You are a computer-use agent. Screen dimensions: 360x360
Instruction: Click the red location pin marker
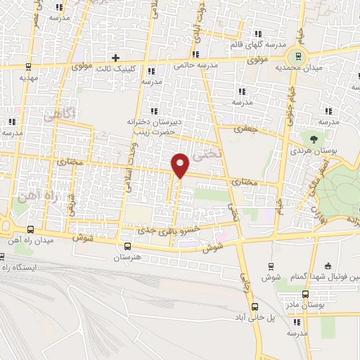click(181, 165)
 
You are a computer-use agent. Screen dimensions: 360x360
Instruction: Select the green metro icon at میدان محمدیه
click(299, 56)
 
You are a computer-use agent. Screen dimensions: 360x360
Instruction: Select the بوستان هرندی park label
click(312, 151)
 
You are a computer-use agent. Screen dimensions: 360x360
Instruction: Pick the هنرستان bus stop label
click(128, 258)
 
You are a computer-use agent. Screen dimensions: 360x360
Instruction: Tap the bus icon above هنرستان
click(127, 246)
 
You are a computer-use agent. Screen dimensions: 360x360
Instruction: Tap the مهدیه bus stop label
click(27, 79)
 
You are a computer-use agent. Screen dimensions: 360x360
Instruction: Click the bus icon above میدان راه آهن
click(29, 230)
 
